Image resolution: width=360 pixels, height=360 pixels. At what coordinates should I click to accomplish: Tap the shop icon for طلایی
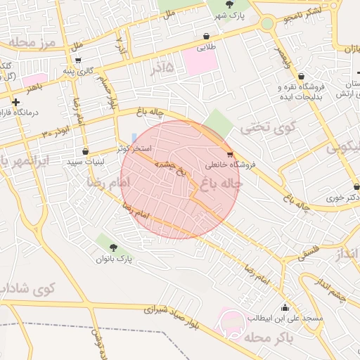tap(205, 37)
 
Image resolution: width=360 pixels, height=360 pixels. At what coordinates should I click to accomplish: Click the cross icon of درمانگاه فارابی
tap(15, 103)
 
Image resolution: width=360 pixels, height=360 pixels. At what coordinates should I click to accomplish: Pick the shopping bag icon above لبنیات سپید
tap(85, 151)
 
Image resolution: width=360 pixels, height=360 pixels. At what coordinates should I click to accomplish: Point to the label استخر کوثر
tap(132, 149)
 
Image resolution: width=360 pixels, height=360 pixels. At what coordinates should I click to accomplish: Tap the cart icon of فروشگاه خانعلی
tap(230, 154)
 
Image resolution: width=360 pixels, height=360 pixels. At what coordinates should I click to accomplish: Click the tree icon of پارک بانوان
tap(114, 247)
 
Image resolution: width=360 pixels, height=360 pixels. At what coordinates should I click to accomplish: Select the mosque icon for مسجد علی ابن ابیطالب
tap(285, 307)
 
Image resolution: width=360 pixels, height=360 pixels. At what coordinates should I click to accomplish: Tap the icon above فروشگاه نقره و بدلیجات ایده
tap(301, 77)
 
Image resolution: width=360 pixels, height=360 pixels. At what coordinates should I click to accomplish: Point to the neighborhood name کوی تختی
tap(259, 129)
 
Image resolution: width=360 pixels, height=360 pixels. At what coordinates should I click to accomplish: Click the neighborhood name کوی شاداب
tap(27, 289)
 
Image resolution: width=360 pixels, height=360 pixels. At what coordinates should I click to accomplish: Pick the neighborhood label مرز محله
tap(28, 44)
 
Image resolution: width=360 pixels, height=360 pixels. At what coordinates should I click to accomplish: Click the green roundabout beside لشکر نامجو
tap(267, 24)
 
